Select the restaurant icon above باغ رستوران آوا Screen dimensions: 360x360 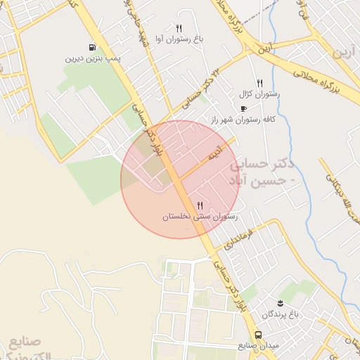pos(179,29)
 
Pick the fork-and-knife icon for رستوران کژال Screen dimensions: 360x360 pos(260,82)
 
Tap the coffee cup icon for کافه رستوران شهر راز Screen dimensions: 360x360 pos(243,108)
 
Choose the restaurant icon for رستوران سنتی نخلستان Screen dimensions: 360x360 pos(201,205)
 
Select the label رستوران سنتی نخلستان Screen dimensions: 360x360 pos(201,217)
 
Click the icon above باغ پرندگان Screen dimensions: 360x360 pos(281,302)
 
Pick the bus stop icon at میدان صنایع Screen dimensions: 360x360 pos(259,335)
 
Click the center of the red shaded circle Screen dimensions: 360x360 pos(179,179)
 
